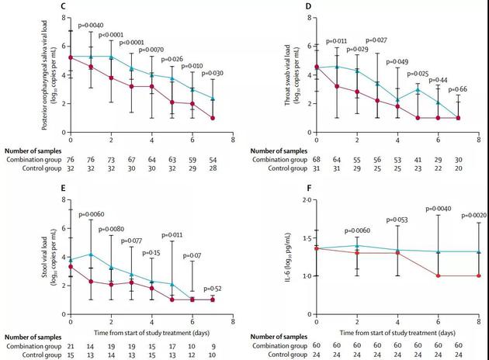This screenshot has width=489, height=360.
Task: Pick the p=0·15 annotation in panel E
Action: [152, 254]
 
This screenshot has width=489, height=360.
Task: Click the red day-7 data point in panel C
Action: [212, 118]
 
